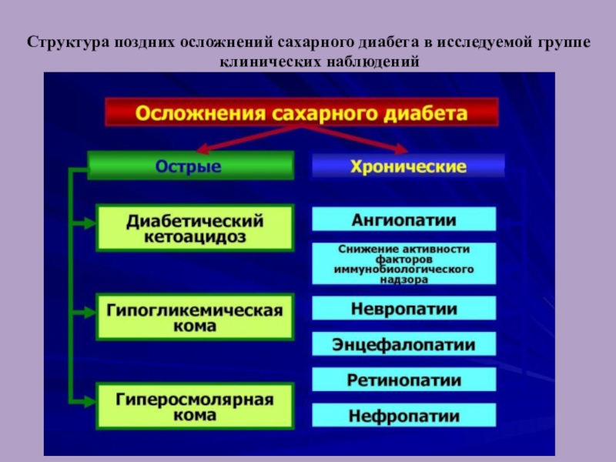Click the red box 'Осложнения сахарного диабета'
[302, 113]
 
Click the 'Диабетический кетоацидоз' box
[195, 228]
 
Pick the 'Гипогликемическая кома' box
[195, 316]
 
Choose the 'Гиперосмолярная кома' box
[195, 406]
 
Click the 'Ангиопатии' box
[404, 220]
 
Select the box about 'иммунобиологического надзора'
[404, 264]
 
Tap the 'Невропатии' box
[404, 309]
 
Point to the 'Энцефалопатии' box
[404, 344]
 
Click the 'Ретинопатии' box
[404, 380]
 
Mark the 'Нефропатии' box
[404, 417]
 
